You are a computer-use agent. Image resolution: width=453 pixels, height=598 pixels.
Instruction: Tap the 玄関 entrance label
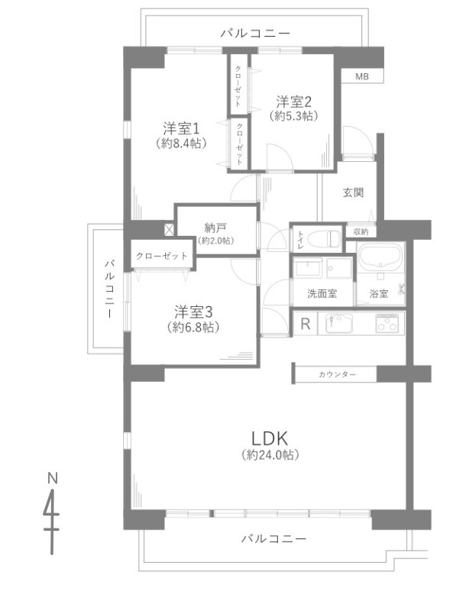(352, 192)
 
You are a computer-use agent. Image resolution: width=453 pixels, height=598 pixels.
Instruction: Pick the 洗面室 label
(322, 293)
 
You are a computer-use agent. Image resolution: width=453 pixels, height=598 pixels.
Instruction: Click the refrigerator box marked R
(305, 324)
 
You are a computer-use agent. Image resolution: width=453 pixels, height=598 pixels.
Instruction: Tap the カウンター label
(337, 375)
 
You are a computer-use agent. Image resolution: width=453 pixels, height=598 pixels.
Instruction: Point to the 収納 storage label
(361, 231)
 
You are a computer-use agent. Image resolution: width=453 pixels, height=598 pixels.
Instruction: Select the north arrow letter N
(53, 478)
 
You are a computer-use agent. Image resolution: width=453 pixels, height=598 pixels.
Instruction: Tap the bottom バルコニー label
(273, 538)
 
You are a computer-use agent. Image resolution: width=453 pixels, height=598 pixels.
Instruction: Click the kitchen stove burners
(388, 323)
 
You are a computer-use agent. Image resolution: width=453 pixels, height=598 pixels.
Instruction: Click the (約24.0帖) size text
(269, 454)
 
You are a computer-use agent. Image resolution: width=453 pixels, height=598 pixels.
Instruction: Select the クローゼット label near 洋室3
(161, 256)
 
